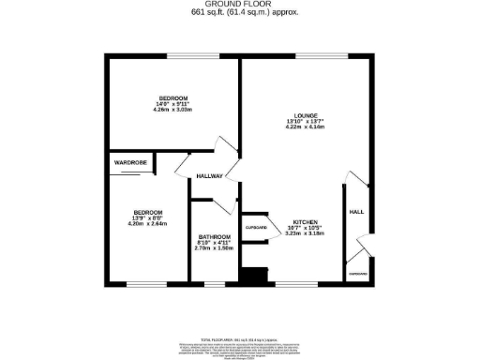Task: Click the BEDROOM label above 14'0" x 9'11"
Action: pyautogui.click(x=172, y=98)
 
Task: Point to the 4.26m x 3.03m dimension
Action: pyautogui.click(x=172, y=110)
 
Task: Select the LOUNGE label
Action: pyautogui.click(x=304, y=115)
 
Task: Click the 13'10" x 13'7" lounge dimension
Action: pyautogui.click(x=304, y=122)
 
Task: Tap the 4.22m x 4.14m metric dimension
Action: pyautogui.click(x=304, y=127)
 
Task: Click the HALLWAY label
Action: pyautogui.click(x=210, y=176)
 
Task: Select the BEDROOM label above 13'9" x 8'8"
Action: pyautogui.click(x=146, y=212)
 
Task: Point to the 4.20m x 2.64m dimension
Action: pyautogui.click(x=146, y=223)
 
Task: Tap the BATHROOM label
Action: pyautogui.click(x=214, y=236)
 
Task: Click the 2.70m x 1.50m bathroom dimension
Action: pyautogui.click(x=214, y=247)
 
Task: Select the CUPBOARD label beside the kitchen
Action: pyautogui.click(x=256, y=228)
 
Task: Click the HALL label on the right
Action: pyautogui.click(x=356, y=212)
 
